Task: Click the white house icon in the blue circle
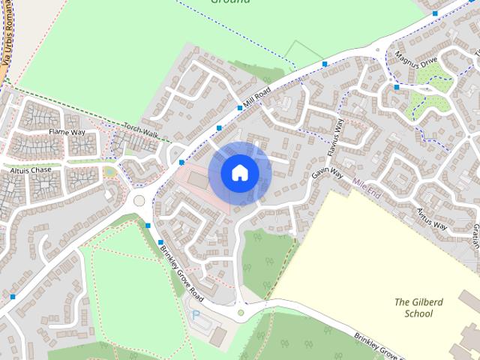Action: tap(239, 173)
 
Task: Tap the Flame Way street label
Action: tap(67, 132)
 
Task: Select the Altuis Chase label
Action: tap(31, 170)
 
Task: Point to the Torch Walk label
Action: tap(141, 130)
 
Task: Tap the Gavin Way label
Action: tap(327, 174)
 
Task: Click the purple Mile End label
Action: tap(367, 182)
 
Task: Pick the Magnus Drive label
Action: tap(418, 60)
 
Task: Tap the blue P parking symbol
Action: tap(196, 315)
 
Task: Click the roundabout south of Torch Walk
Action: tap(138, 200)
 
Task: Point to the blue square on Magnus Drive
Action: tap(396, 87)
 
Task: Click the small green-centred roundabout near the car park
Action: tap(241, 312)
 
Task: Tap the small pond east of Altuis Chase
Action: tap(110, 172)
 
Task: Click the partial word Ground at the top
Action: tap(229, 2)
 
